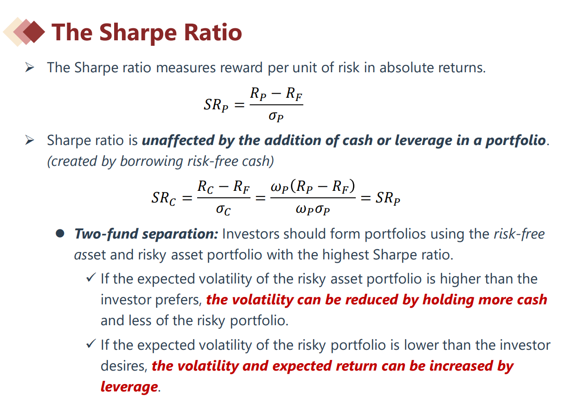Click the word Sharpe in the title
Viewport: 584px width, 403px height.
[138, 33]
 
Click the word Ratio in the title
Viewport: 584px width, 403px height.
[213, 32]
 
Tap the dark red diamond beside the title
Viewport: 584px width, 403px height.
[34, 32]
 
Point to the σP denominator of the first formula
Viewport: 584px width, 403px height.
[276, 116]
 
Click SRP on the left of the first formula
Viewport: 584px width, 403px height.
[216, 105]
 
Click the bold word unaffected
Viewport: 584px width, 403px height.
[178, 140]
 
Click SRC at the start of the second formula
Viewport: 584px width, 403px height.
[164, 198]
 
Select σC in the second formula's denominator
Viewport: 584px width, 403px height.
[224, 209]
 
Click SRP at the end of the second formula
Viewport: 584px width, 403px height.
[388, 198]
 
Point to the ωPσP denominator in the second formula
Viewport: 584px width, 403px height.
[313, 209]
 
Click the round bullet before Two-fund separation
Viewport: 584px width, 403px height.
[60, 233]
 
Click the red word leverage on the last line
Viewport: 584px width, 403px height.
[129, 387]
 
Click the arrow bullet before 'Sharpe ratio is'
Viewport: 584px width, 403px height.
[30, 140]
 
